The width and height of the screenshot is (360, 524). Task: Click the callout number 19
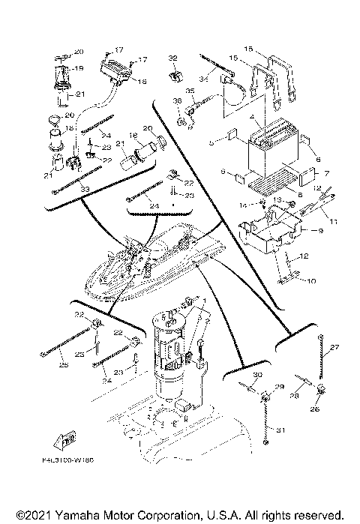[x=79, y=67]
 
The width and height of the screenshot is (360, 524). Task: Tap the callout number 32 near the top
[x=172, y=58]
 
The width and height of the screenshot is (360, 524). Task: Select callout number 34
[x=202, y=78]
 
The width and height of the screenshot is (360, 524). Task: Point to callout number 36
[x=178, y=100]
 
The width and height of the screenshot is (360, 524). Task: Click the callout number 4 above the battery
[x=256, y=117]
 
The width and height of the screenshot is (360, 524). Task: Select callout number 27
[x=334, y=346]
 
